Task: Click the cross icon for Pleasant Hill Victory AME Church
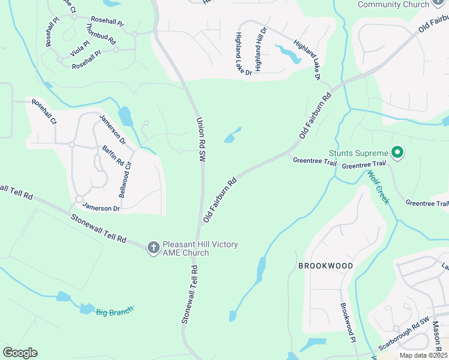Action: [153, 247]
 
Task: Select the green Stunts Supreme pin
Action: [396, 153]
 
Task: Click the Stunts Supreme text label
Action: [358, 154]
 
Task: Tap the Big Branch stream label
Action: [114, 311]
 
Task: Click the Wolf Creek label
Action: [378, 187]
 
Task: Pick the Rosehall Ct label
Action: [44, 112]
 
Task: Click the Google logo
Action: [20, 353]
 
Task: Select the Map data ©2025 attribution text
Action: [424, 355]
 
